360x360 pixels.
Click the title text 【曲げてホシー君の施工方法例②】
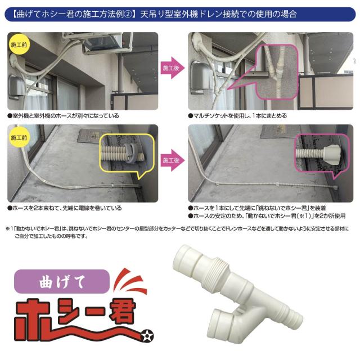(x=79, y=12)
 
